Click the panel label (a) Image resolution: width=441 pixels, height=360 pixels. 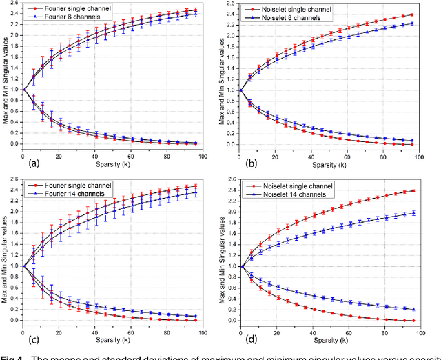pos(32,164)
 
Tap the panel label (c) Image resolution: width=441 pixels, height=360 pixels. pos(32,338)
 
